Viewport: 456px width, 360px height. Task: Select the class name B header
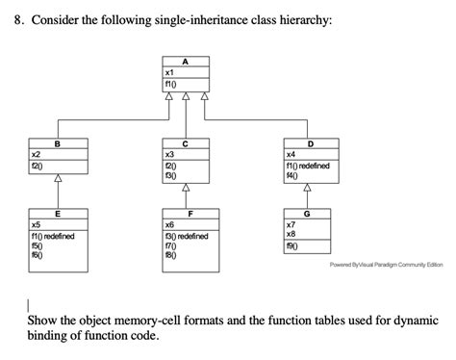57,144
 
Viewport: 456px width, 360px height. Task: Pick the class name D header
308,144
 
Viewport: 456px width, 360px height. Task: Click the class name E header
57,214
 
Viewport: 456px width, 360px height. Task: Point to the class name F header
190,214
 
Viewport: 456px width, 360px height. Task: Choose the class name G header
307,214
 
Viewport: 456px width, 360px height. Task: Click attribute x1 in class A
169,72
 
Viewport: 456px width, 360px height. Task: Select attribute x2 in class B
37,154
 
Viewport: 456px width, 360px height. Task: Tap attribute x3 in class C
169,154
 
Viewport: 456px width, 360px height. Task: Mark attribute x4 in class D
291,154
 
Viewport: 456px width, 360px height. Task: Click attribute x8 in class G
291,234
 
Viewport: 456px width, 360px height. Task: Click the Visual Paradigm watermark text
385,266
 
